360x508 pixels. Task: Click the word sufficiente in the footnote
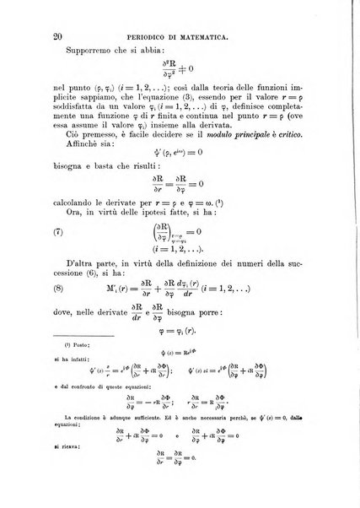coord(147,475)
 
